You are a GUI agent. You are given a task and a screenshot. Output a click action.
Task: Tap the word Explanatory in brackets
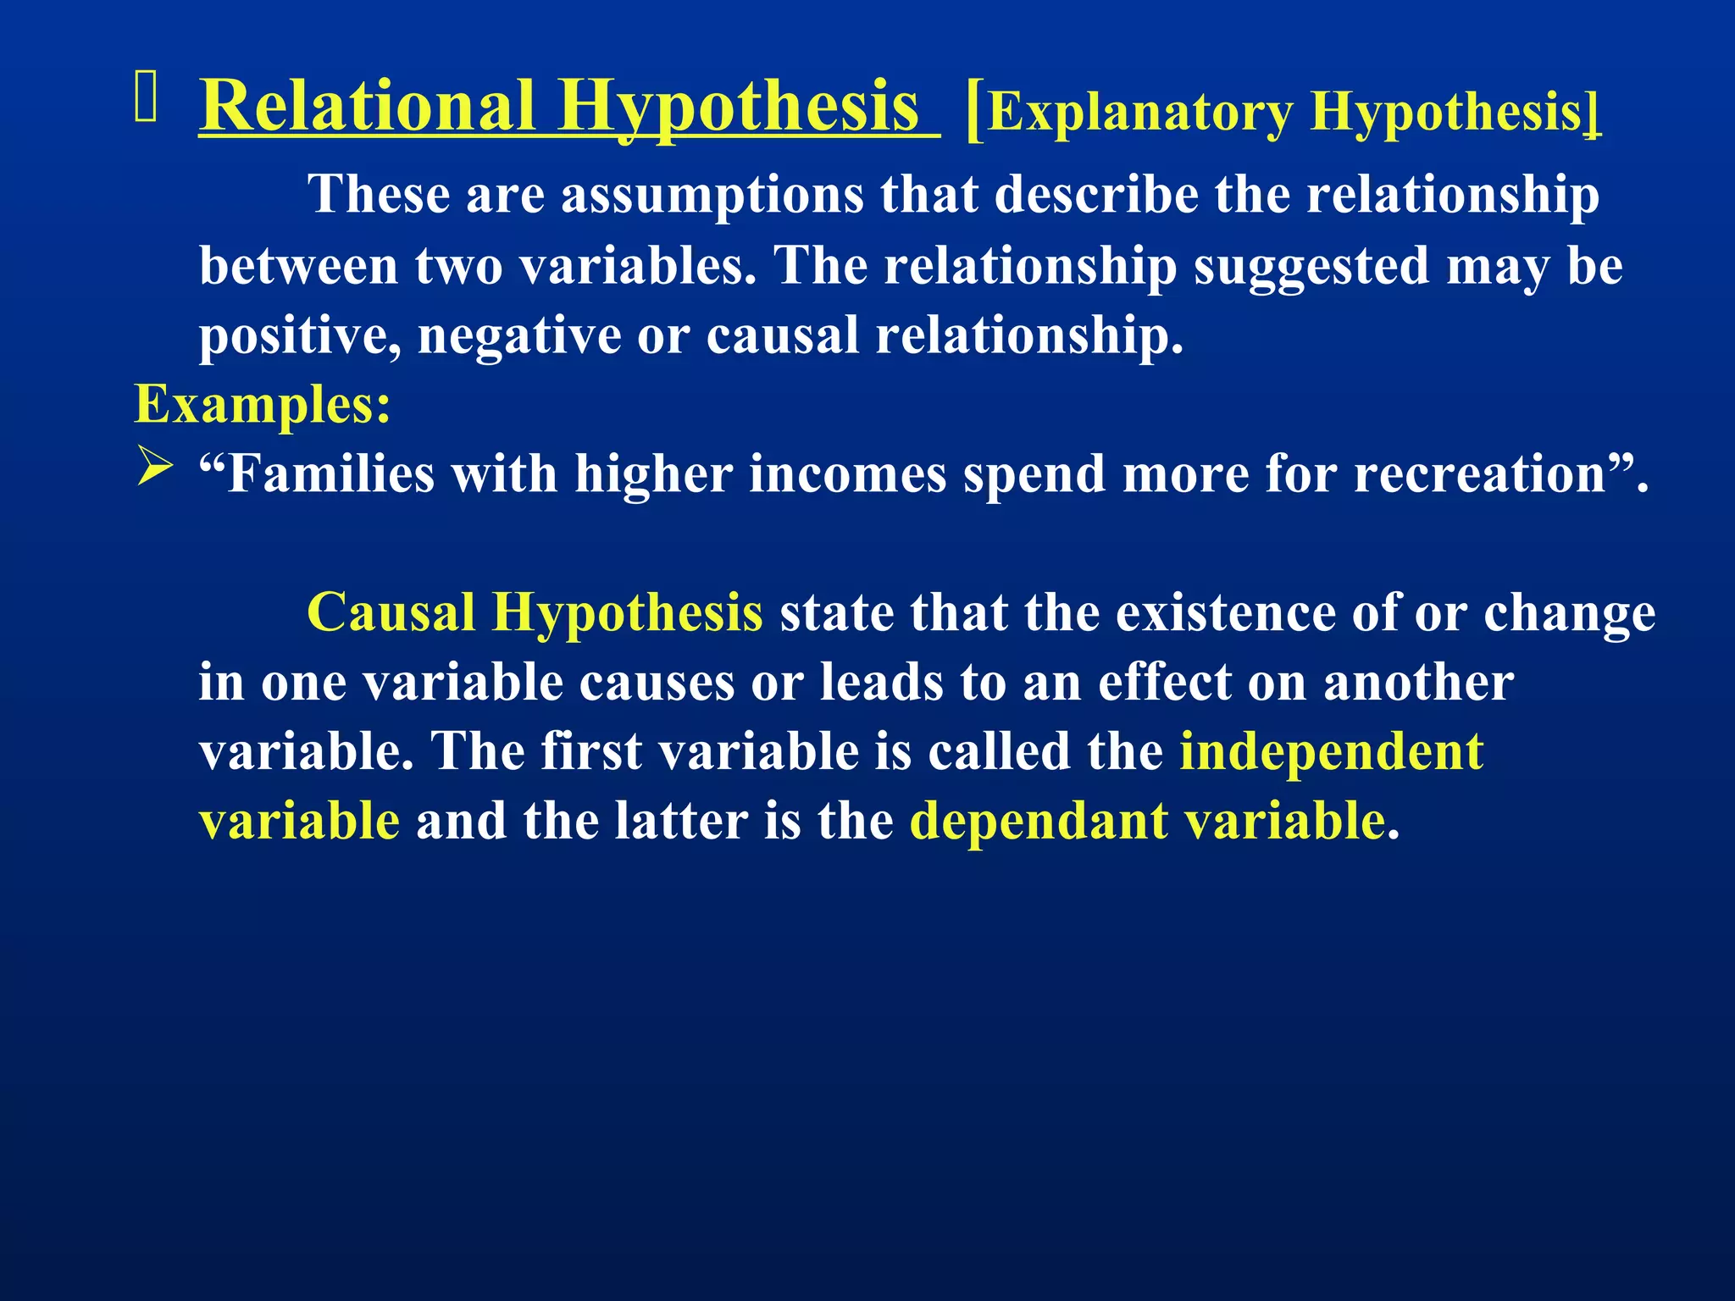pyautogui.click(x=1140, y=112)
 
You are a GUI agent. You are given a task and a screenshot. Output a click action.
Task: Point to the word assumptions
pyautogui.click(x=712, y=195)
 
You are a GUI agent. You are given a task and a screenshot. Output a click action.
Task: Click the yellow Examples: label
pyautogui.click(x=263, y=405)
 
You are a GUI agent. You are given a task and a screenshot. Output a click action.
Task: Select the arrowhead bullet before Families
pyautogui.click(x=154, y=468)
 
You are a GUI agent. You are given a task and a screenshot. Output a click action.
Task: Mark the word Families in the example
pyautogui.click(x=331, y=473)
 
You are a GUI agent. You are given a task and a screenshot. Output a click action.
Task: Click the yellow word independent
pyautogui.click(x=1331, y=751)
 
